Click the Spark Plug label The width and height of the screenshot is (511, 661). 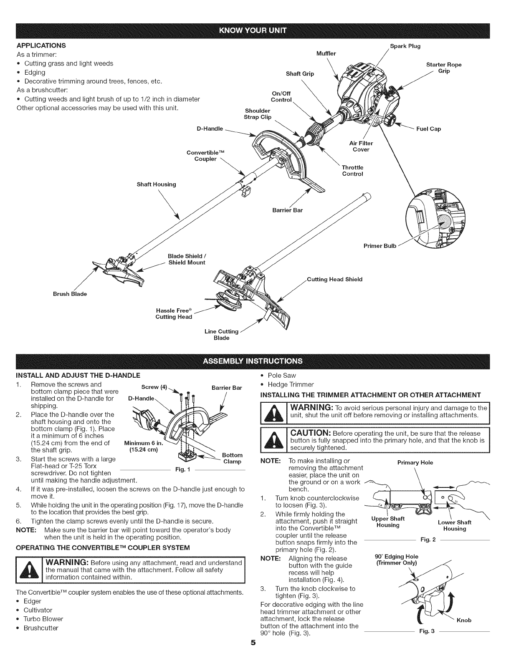[405, 46]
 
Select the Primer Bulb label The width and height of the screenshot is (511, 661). [379, 245]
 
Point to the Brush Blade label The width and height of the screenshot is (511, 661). [70, 294]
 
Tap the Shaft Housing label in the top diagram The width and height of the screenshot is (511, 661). [156, 184]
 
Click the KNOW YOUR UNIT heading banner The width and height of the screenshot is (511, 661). [255, 30]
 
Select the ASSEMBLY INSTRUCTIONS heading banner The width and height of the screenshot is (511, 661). [255, 361]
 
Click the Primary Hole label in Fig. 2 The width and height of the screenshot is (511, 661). [415, 462]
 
